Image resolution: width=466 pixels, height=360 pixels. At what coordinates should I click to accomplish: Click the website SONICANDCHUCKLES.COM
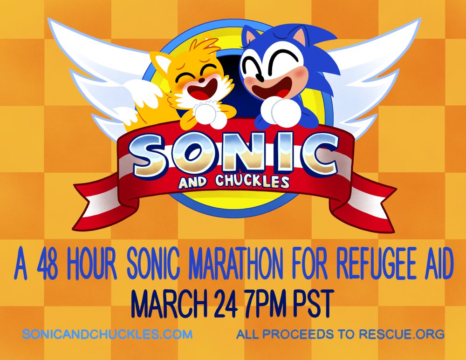coord(107,334)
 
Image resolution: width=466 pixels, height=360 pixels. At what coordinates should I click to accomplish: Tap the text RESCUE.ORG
coord(402,334)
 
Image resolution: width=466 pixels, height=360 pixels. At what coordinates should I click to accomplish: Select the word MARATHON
coord(236,264)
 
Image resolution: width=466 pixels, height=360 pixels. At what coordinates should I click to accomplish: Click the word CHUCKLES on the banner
coord(252,182)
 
